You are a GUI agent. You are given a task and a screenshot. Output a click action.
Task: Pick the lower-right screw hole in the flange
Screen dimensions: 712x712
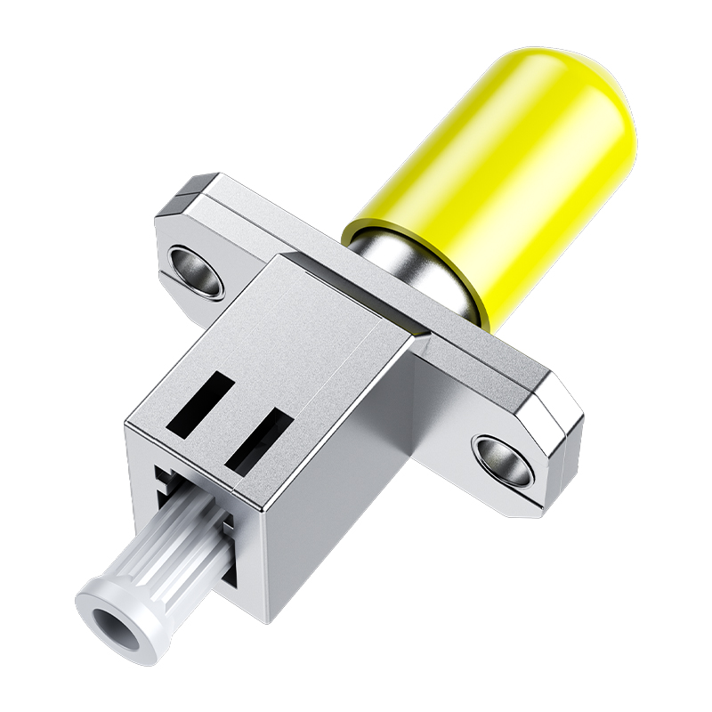coord(505,453)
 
